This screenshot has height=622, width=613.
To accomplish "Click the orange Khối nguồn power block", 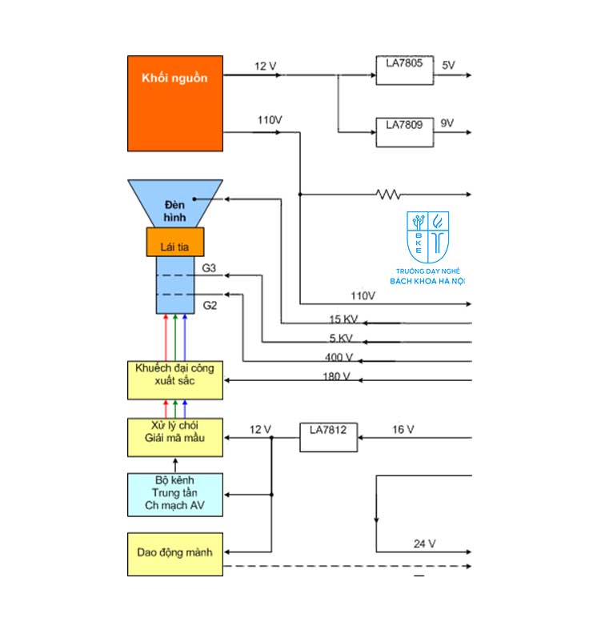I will tap(174, 102).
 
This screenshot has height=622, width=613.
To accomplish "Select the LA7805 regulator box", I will tap(405, 66).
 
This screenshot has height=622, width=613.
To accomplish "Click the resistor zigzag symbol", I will tap(390, 194).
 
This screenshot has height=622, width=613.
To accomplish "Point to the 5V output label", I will tap(448, 63).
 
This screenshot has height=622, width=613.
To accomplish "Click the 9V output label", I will tap(447, 123).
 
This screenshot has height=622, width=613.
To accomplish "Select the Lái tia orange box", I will tap(174, 241).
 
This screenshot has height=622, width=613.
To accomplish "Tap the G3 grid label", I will tap(209, 268).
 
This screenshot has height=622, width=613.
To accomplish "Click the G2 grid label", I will tap(209, 305).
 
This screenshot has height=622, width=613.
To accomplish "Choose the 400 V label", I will tap(339, 357).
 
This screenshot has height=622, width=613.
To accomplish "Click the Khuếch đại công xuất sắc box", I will tap(174, 380).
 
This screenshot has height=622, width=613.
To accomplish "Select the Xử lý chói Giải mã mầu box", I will tap(174, 437).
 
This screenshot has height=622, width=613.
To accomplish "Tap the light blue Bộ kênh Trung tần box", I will tap(174, 494).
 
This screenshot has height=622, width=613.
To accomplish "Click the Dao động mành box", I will tap(174, 552).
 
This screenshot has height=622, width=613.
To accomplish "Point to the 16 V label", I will tap(403, 430).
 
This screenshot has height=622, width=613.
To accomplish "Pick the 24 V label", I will tap(424, 544).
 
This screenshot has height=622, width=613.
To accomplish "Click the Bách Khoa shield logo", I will tap(427, 237).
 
